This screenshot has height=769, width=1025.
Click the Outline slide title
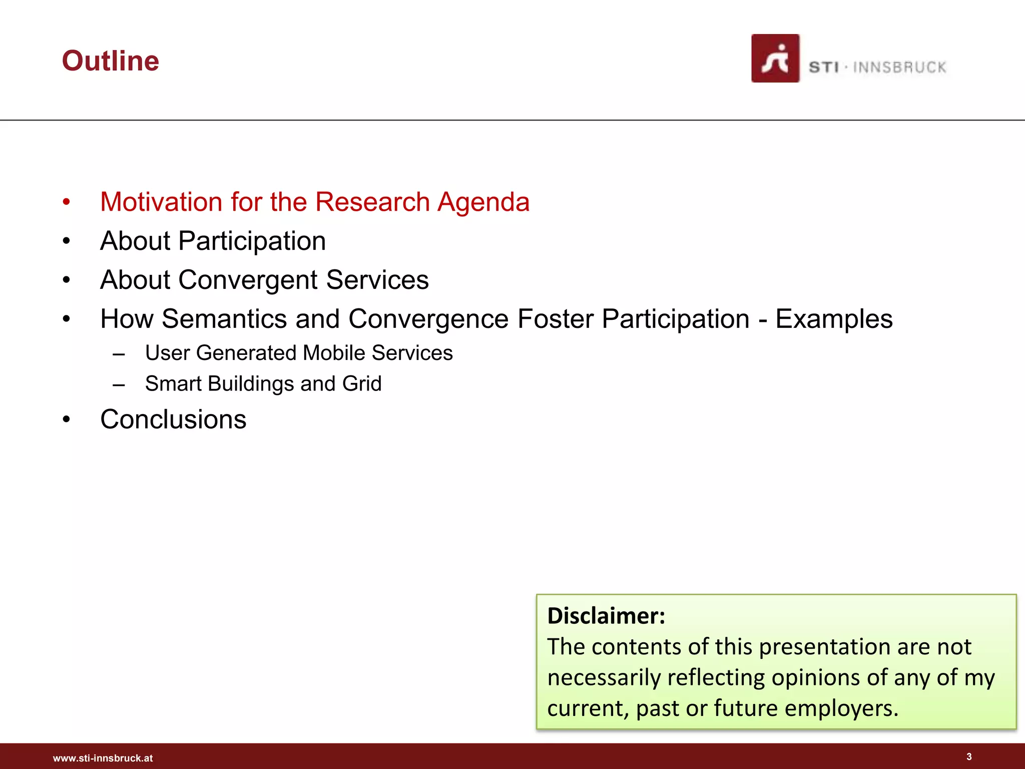click(x=110, y=61)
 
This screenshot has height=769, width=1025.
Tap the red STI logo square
click(x=775, y=59)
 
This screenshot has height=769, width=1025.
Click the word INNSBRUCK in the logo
click(x=899, y=68)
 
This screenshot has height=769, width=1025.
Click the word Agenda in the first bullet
click(x=483, y=202)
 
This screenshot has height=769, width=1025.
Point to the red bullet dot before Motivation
click(x=67, y=202)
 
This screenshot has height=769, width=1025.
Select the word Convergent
click(x=248, y=280)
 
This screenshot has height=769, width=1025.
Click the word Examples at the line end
click(x=833, y=319)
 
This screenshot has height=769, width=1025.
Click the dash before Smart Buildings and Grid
click(x=119, y=384)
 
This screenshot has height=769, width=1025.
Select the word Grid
click(x=361, y=384)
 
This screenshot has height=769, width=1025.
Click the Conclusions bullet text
click(x=173, y=420)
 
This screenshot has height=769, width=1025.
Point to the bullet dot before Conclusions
click(x=67, y=420)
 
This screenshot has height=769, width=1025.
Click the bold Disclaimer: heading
click(x=606, y=616)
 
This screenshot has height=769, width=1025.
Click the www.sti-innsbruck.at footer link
click(x=103, y=758)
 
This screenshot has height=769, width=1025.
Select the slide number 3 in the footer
click(x=969, y=756)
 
